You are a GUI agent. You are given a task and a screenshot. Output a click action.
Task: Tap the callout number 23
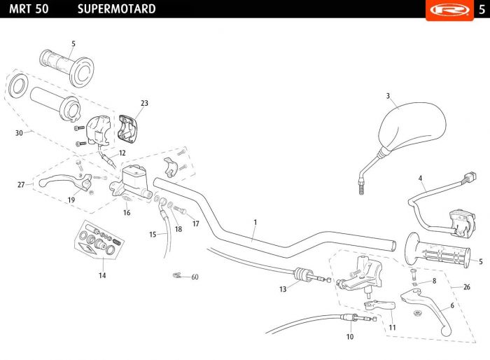pos(144,103)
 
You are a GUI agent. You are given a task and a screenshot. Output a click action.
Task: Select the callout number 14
pos(102,275)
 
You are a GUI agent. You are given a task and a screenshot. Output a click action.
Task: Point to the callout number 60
pos(195,277)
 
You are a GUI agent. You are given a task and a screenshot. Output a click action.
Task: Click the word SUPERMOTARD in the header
pos(117,9)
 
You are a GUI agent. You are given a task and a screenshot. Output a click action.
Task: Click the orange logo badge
pos(449,10)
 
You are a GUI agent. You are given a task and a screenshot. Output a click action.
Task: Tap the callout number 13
pos(283,289)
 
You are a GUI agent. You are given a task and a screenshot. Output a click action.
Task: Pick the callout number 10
pos(350,337)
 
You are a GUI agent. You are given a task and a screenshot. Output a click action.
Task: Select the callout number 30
pos(19,133)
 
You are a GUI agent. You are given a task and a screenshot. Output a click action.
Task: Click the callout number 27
pos(21,184)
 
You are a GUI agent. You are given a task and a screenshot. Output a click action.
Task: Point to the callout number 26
pos(467,287)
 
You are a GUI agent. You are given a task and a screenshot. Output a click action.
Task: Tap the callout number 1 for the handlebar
pos(255,222)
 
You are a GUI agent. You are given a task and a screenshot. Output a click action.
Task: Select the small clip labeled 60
pos(177,275)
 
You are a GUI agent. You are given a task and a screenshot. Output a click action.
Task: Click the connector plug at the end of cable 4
pos(470,177)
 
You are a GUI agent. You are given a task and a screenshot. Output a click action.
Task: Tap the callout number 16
pos(127,213)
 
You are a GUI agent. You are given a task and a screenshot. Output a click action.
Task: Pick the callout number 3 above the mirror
pos(388,96)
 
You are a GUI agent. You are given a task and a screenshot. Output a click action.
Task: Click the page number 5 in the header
pos(482,9)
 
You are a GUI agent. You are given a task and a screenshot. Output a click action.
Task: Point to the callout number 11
pos(392,327)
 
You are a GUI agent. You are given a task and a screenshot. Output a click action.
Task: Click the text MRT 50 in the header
pos(29,9)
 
